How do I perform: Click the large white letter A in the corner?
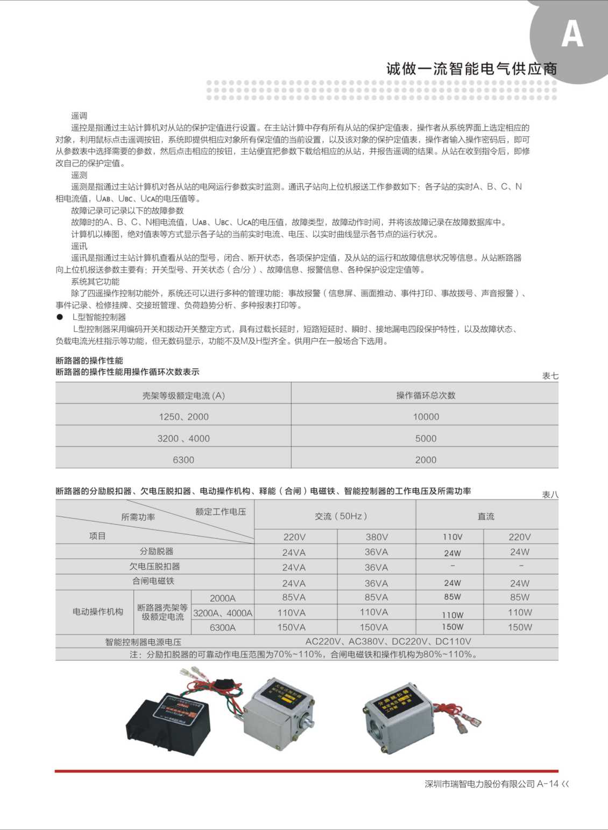coord(572,35)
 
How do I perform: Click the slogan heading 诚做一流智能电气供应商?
coord(471,68)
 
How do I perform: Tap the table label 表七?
coord(550,376)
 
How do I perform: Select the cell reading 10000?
coord(426,416)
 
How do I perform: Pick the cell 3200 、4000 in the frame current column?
coord(183,438)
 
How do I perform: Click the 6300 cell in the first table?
coord(183,459)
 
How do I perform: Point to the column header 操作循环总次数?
coord(426,395)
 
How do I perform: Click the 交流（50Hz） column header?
coord(341,516)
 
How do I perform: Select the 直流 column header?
coord(486,517)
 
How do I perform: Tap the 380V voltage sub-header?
coord(376,537)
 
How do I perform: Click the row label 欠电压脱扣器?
coord(155,567)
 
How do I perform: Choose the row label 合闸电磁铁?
coord(153,581)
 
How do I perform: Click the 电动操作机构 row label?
coord(98,612)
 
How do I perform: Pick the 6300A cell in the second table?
coord(223,627)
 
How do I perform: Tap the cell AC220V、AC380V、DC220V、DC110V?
coord(388,641)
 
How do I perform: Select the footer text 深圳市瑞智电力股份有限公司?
coord(480,784)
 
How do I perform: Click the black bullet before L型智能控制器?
coord(60,317)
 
